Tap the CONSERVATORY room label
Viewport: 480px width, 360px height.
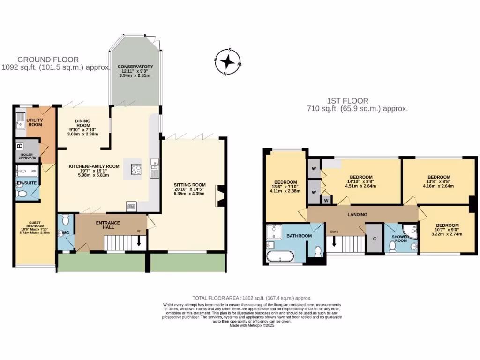click(x=135, y=67)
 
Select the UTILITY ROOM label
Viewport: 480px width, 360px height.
click(x=35, y=122)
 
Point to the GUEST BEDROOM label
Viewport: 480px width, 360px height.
click(x=29, y=225)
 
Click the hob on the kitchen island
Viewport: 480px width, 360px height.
click(x=136, y=169)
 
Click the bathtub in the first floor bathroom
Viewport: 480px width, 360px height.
click(x=280, y=256)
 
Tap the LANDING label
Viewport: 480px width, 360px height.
click(x=357, y=214)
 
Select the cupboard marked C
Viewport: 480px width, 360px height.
click(x=374, y=239)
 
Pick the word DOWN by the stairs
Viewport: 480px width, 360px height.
click(x=334, y=231)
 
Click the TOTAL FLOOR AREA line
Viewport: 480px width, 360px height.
click(x=252, y=298)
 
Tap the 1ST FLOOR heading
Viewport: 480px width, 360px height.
click(x=347, y=100)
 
